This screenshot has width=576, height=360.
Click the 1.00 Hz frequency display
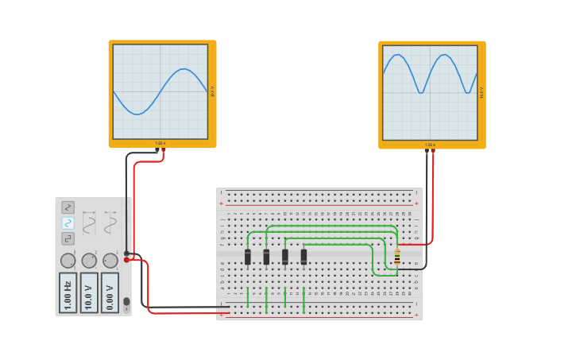(x=68, y=292)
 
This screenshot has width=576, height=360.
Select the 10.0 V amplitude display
(x=89, y=292)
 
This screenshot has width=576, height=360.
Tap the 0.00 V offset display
(x=110, y=292)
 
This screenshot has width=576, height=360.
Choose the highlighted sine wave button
(x=68, y=223)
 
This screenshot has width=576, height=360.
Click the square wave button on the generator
(x=68, y=238)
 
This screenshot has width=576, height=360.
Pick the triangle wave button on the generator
(x=68, y=207)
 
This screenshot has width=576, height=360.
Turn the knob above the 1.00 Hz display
(x=68, y=261)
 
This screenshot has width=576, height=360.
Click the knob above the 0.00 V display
(x=110, y=261)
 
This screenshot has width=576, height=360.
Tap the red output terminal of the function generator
(x=126, y=259)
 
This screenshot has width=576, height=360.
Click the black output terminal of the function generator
(x=126, y=253)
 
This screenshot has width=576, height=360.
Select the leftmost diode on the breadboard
(x=248, y=257)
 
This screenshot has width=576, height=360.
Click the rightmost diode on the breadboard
(x=303, y=257)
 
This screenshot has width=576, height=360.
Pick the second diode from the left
(x=266, y=257)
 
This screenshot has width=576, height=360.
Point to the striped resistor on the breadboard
(x=397, y=257)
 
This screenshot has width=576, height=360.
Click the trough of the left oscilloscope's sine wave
(x=138, y=114)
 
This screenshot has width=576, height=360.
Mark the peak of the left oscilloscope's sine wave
(x=184, y=69)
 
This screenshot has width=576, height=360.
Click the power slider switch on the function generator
(x=126, y=302)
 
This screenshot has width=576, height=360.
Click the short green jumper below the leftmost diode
(x=248, y=297)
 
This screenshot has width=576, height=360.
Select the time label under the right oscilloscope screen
(x=430, y=145)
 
